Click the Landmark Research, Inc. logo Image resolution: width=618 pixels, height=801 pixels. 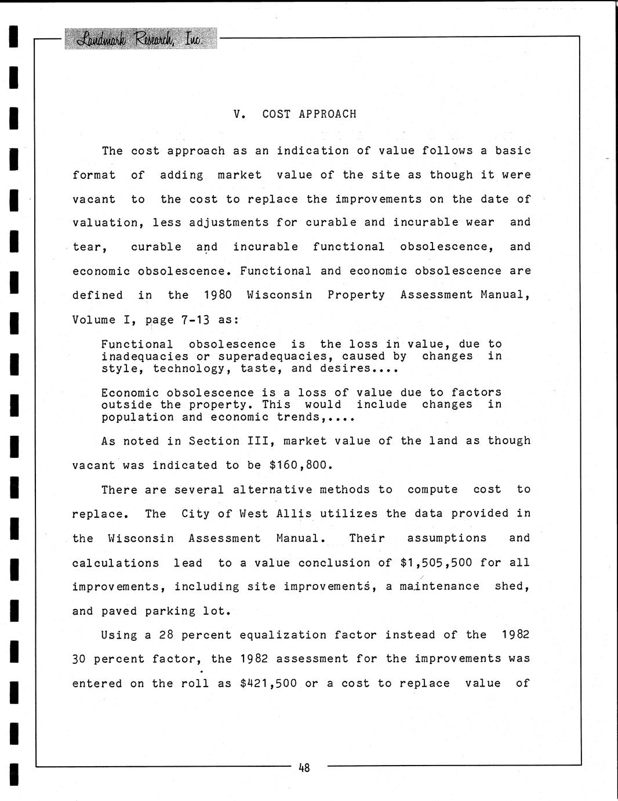pyautogui.click(x=140, y=38)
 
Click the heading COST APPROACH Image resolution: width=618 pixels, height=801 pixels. pyautogui.click(x=309, y=114)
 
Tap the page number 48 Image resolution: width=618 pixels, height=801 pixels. pyautogui.click(x=304, y=768)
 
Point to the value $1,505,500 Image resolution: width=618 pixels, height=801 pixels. pyautogui.click(x=436, y=563)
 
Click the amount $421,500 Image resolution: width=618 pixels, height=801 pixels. pyautogui.click(x=268, y=684)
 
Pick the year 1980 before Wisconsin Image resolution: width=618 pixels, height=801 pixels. pyautogui.click(x=217, y=295)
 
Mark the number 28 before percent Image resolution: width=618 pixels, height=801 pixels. pyautogui.click(x=166, y=635)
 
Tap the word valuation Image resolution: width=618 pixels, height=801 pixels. pyautogui.click(x=105, y=222)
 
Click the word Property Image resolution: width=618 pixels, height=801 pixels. pyautogui.click(x=356, y=295)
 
